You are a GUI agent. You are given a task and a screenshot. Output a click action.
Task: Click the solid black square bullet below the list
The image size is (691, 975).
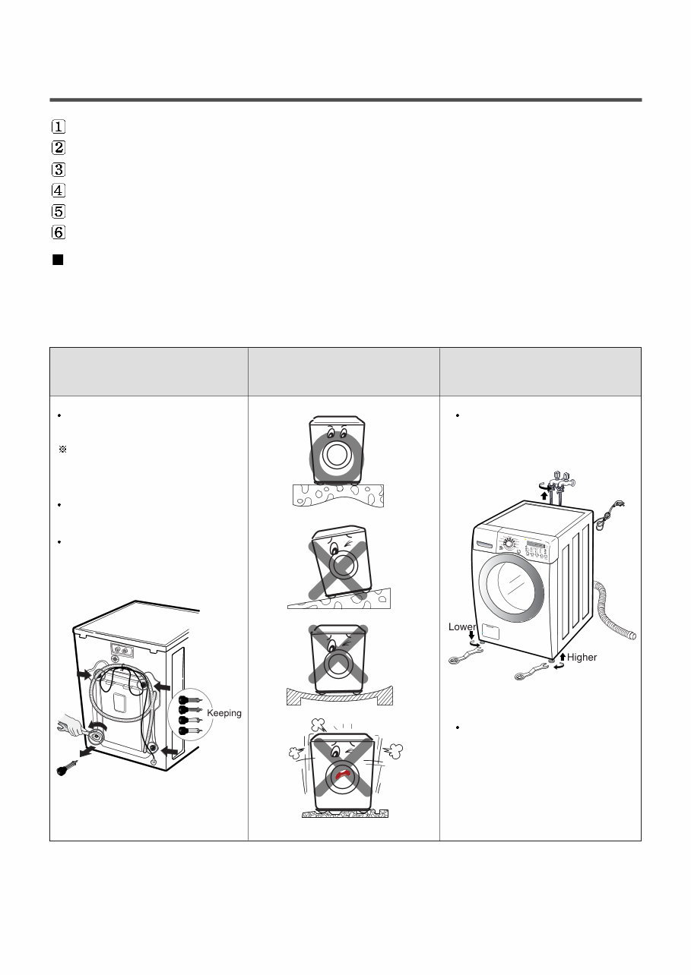coord(57,260)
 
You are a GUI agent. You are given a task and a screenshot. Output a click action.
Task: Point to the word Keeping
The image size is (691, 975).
coord(223,713)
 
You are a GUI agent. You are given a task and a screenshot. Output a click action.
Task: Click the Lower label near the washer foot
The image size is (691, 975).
coord(461,627)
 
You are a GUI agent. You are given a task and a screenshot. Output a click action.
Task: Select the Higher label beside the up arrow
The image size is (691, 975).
coord(582,657)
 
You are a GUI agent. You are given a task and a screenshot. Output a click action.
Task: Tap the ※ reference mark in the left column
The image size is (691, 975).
coord(62,450)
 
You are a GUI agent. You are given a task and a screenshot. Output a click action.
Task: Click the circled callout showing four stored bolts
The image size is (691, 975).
coord(189,713)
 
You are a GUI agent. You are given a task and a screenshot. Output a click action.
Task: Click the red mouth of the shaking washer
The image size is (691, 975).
coord(344,776)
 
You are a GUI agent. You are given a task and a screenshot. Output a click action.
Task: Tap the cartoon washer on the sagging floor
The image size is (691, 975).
coord(338,658)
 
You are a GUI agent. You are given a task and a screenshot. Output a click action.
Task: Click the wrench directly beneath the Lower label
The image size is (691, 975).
coord(464,656)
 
